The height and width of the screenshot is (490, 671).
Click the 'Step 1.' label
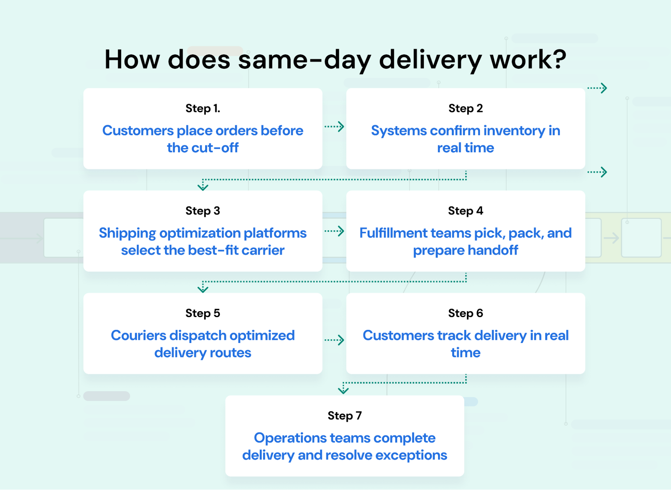click(203, 108)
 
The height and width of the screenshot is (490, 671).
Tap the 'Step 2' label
click(466, 108)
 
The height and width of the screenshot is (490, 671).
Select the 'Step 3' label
click(203, 211)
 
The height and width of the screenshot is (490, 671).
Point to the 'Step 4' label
click(466, 211)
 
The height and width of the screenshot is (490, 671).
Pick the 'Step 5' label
click(203, 313)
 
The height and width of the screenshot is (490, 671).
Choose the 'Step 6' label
click(466, 313)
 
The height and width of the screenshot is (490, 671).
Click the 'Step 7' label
click(345, 415)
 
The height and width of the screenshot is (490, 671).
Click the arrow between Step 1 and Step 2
click(334, 127)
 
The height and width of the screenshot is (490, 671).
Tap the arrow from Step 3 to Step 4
click(334, 231)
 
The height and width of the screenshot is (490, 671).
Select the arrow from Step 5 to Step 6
click(334, 340)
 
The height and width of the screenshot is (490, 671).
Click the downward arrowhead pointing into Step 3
click(203, 186)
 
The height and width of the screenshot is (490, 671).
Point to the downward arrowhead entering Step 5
click(203, 289)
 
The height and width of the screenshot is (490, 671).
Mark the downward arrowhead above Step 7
click(343, 390)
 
